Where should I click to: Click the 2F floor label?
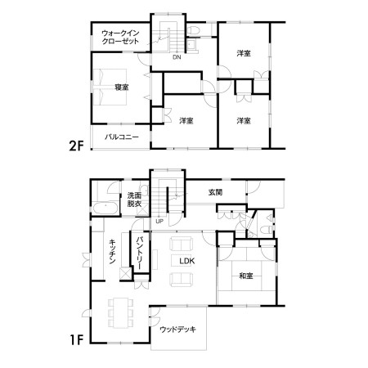point(76,146)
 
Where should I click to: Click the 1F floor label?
point(77,339)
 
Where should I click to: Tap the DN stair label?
point(177,57)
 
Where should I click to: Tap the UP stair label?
point(159,222)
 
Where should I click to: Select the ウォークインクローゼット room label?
point(120,37)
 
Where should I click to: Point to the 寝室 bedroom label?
point(122,88)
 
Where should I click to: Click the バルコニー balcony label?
point(122,137)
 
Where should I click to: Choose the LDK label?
point(187,261)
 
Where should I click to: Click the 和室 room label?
point(246,276)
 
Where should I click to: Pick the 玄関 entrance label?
point(215,192)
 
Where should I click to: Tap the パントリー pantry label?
point(141,253)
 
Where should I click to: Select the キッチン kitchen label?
point(112,251)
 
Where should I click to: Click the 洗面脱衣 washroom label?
point(134,200)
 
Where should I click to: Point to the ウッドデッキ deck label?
point(177,330)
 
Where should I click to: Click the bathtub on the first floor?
point(105,209)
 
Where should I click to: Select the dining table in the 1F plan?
point(121,313)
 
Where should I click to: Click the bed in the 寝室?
point(110,87)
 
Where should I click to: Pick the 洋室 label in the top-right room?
point(244,53)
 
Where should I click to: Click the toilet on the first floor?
point(266,230)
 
